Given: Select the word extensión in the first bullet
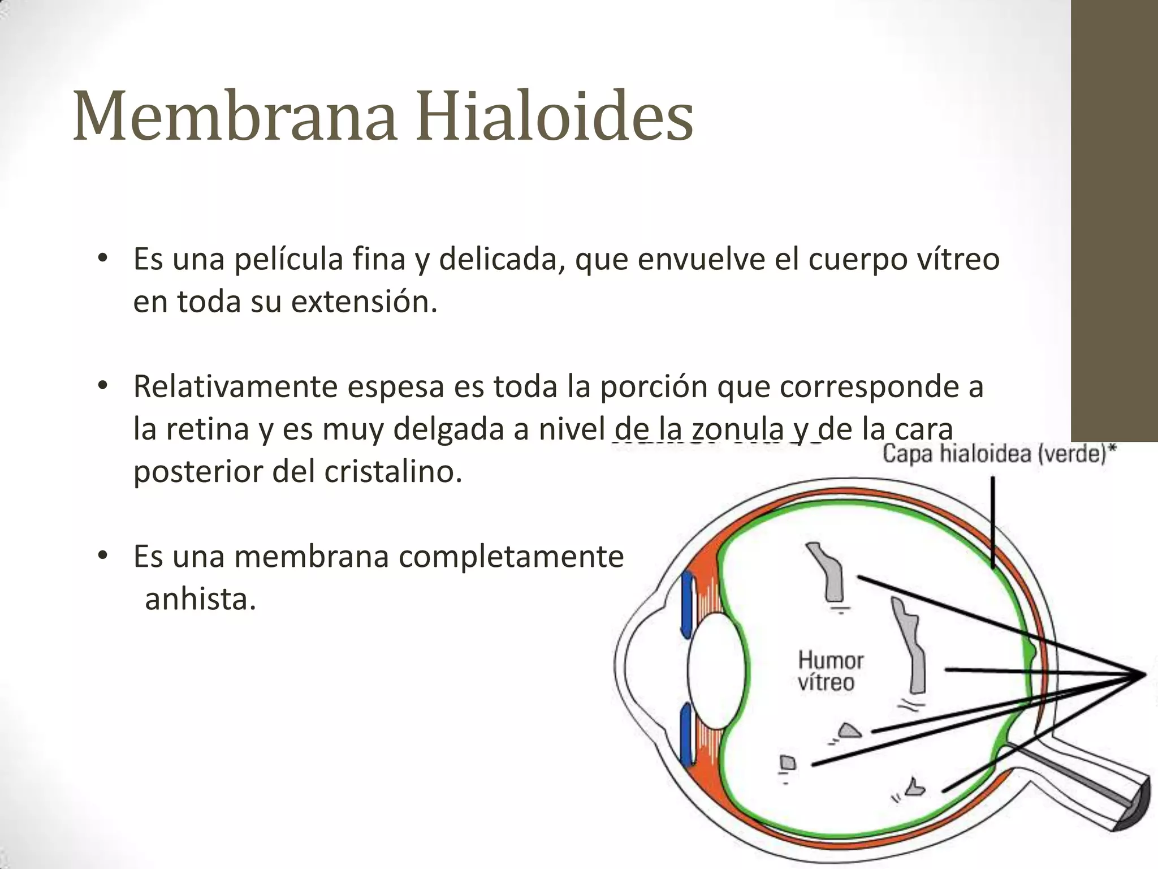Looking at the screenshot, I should click(364, 302).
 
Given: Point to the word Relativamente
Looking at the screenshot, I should click(235, 387).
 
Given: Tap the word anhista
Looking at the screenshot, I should click(201, 600).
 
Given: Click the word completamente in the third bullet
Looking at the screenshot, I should click(511, 557).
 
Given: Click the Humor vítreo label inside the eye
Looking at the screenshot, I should click(829, 671).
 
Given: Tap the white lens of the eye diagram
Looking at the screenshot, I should click(716, 671).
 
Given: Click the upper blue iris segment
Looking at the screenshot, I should click(688, 604).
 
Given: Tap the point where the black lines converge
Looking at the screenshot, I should click(1143, 674).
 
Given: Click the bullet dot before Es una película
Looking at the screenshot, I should click(102, 259).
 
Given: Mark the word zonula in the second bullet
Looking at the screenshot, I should click(738, 429).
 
